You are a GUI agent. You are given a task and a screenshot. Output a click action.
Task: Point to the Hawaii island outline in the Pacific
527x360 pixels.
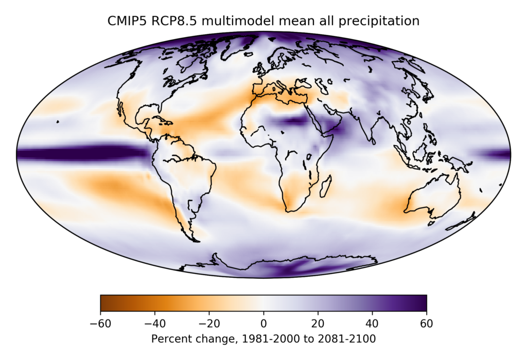tap(58, 122)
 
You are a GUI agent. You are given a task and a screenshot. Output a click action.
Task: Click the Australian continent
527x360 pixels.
tap(432, 198)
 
